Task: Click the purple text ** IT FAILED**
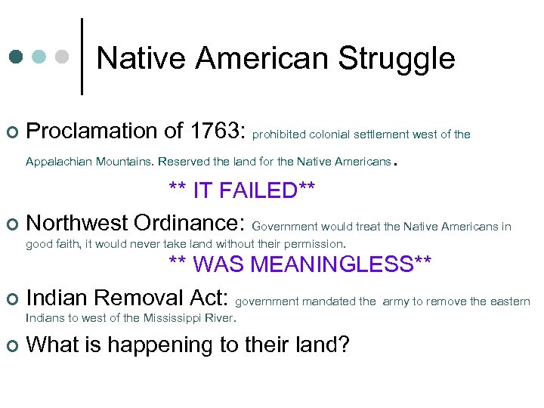(241, 190)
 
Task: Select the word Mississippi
(169, 317)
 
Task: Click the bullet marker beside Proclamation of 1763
(11, 132)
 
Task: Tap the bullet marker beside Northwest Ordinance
(11, 225)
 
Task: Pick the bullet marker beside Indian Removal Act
(11, 299)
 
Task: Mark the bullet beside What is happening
(11, 346)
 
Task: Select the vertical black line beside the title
(82, 56)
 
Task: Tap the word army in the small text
(396, 301)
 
